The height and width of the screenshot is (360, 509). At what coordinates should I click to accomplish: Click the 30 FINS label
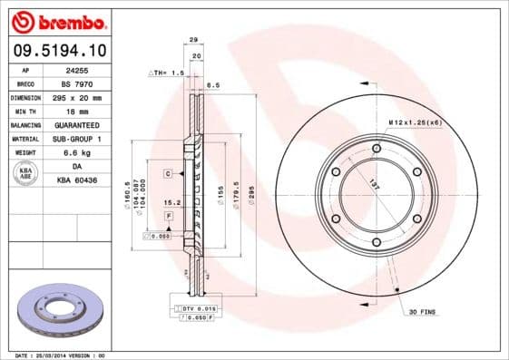423,312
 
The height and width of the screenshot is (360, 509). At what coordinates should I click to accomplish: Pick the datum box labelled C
168,171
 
